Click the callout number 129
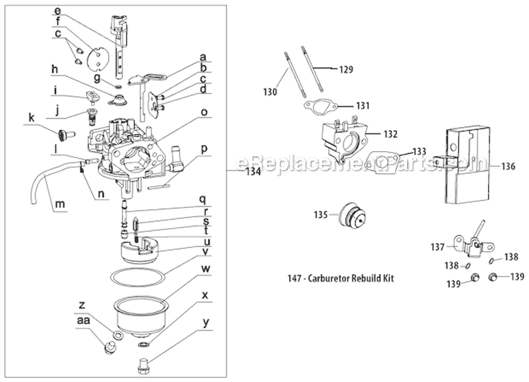345,70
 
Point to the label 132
390,133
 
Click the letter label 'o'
203,112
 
